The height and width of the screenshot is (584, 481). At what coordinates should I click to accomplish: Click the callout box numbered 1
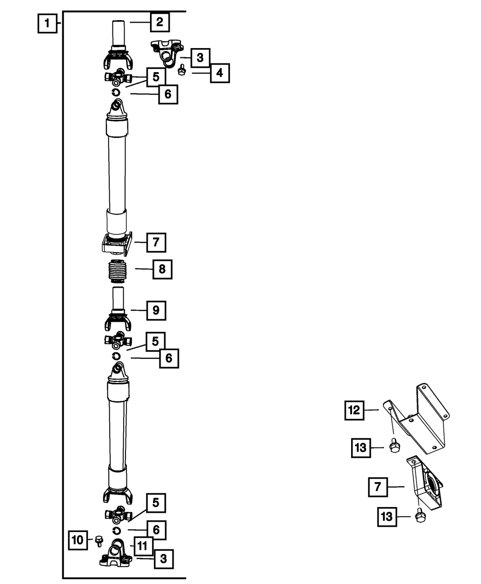[x=47, y=23]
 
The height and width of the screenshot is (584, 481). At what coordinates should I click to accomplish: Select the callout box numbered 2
[x=159, y=22]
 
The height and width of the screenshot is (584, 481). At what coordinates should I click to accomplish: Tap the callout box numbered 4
[x=219, y=74]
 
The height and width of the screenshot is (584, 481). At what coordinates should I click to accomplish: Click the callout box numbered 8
[x=162, y=269]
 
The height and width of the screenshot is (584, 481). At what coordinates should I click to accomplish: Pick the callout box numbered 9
[x=156, y=311]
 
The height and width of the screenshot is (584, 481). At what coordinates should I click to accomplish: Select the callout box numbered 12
[x=354, y=410]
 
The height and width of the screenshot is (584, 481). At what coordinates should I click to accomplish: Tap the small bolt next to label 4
[x=181, y=71]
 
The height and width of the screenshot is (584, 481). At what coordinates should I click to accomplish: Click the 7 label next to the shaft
[x=156, y=242]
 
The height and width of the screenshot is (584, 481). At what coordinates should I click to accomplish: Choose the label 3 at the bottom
[x=164, y=559]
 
